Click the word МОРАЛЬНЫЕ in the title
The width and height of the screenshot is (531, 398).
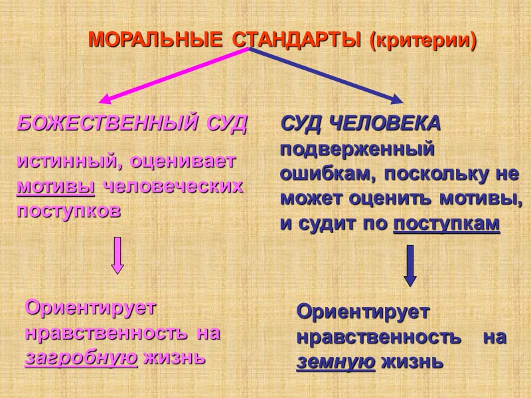pyautogui.click(x=155, y=40)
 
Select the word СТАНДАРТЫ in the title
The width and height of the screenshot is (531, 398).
pyautogui.click(x=297, y=40)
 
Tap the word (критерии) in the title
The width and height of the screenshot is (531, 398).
pyautogui.click(x=423, y=40)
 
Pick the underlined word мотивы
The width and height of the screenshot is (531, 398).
pyautogui.click(x=56, y=186)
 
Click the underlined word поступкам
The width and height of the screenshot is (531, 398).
pyautogui.click(x=445, y=224)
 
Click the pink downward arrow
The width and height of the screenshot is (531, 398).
pyautogui.click(x=117, y=255)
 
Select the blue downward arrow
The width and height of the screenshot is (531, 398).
pyautogui.click(x=410, y=265)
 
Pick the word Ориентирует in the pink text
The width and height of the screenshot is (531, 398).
pyautogui.click(x=90, y=308)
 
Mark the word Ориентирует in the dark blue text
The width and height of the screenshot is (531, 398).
pyautogui.click(x=362, y=311)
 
